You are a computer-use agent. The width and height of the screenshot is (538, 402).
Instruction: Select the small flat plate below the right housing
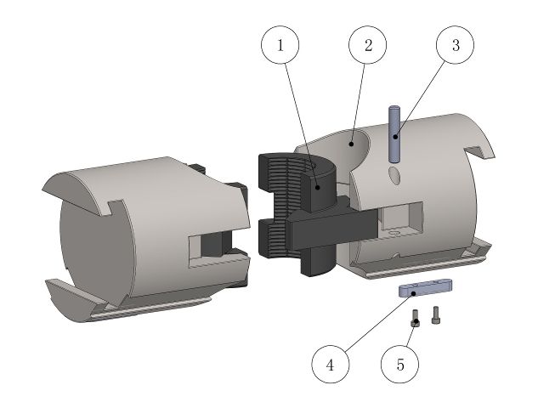[x=425, y=290]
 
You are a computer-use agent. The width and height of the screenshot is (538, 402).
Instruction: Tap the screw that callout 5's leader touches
[x=415, y=319]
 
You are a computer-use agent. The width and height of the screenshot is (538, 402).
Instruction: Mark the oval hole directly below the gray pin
[x=394, y=175]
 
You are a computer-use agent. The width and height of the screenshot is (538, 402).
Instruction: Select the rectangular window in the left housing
[x=209, y=246]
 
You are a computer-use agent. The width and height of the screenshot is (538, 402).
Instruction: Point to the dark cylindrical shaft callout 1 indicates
[x=321, y=191]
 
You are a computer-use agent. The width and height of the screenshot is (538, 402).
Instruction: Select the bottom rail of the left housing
[x=136, y=311]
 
